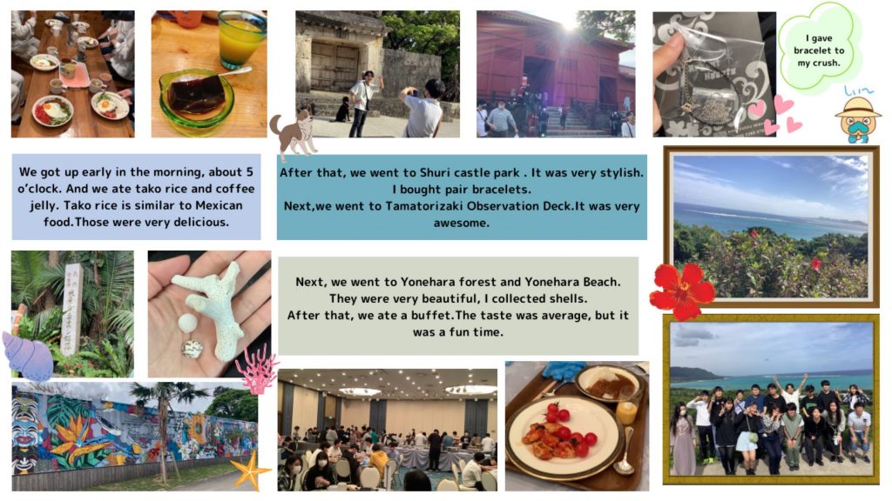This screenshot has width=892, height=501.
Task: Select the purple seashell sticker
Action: (x=27, y=356)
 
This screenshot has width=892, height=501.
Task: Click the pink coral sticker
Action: (x=257, y=369)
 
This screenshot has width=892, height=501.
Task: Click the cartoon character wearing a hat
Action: (x=858, y=118)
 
